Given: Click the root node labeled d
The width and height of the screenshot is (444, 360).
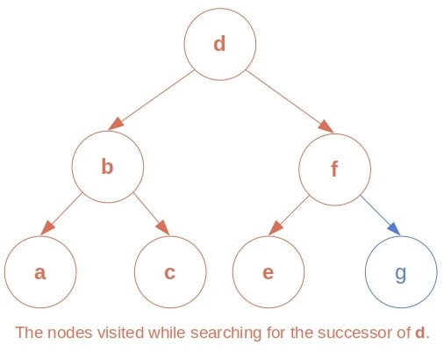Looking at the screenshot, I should [x=219, y=43].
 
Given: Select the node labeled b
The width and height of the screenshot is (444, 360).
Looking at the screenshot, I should [x=107, y=166].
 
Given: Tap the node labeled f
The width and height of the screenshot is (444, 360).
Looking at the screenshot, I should [x=333, y=168].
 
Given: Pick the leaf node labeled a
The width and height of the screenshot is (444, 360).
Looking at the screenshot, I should [x=39, y=271].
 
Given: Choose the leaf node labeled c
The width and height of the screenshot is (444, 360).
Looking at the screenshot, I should [x=169, y=271].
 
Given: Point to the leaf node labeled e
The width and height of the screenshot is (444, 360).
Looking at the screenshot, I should [x=268, y=271].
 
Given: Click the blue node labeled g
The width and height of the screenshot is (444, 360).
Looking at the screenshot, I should [x=400, y=271].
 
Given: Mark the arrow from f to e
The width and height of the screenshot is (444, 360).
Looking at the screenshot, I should [x=290, y=215].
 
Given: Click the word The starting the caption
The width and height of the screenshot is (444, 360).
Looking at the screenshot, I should [x=28, y=334].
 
